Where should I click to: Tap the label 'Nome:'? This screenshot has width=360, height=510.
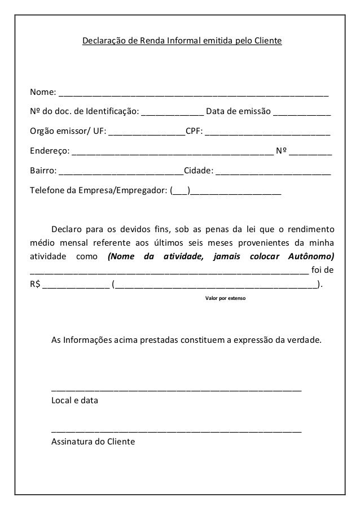tap(43, 92)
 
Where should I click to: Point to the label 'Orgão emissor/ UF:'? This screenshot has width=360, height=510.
tap(67, 133)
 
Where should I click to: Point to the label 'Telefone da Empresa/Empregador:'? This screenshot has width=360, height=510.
tap(99, 190)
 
